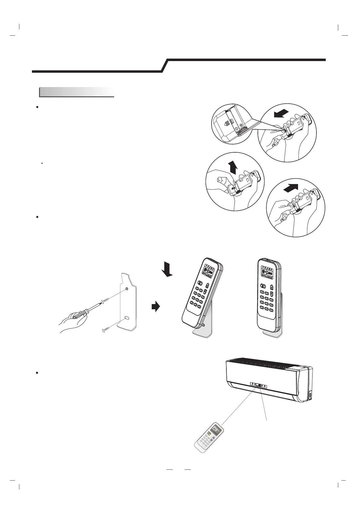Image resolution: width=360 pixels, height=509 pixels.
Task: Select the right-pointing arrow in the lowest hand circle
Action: [291, 188]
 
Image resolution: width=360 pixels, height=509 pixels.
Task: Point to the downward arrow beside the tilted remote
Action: [167, 269]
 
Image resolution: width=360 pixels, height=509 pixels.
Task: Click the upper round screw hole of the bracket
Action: [127, 289]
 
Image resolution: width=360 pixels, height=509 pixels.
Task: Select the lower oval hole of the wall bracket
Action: [126, 318]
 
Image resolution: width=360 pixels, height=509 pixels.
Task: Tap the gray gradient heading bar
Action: [77, 92]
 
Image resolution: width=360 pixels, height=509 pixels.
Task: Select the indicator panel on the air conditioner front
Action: [259, 385]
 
